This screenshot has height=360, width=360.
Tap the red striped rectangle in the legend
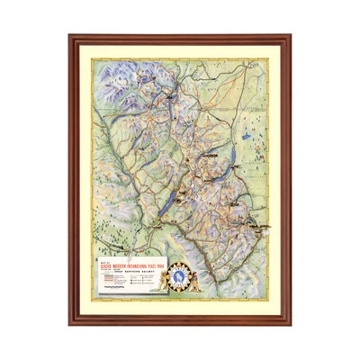(x=110, y=279)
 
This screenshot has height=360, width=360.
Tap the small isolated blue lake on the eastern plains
(x=246, y=131)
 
